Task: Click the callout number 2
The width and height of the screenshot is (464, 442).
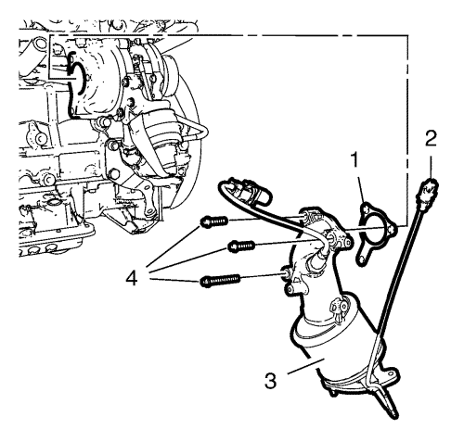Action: [x=431, y=138]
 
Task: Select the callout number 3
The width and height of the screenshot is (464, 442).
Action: [x=270, y=380]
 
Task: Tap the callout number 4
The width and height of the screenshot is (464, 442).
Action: [x=132, y=279]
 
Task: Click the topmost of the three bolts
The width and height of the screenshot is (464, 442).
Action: [x=214, y=221]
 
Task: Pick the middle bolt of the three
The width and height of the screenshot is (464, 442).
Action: [x=241, y=246]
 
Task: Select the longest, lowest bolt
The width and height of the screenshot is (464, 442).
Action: [x=220, y=280]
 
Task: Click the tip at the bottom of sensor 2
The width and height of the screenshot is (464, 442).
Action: [x=393, y=412]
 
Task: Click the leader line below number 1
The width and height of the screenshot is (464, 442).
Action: [x=361, y=187]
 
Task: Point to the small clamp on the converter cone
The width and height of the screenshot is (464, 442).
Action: [x=337, y=308]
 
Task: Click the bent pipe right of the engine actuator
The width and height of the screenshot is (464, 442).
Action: [x=198, y=133]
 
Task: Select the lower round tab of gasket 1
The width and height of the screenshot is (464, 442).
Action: [x=361, y=260]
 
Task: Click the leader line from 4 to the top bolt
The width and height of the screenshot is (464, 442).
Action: [x=174, y=246]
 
